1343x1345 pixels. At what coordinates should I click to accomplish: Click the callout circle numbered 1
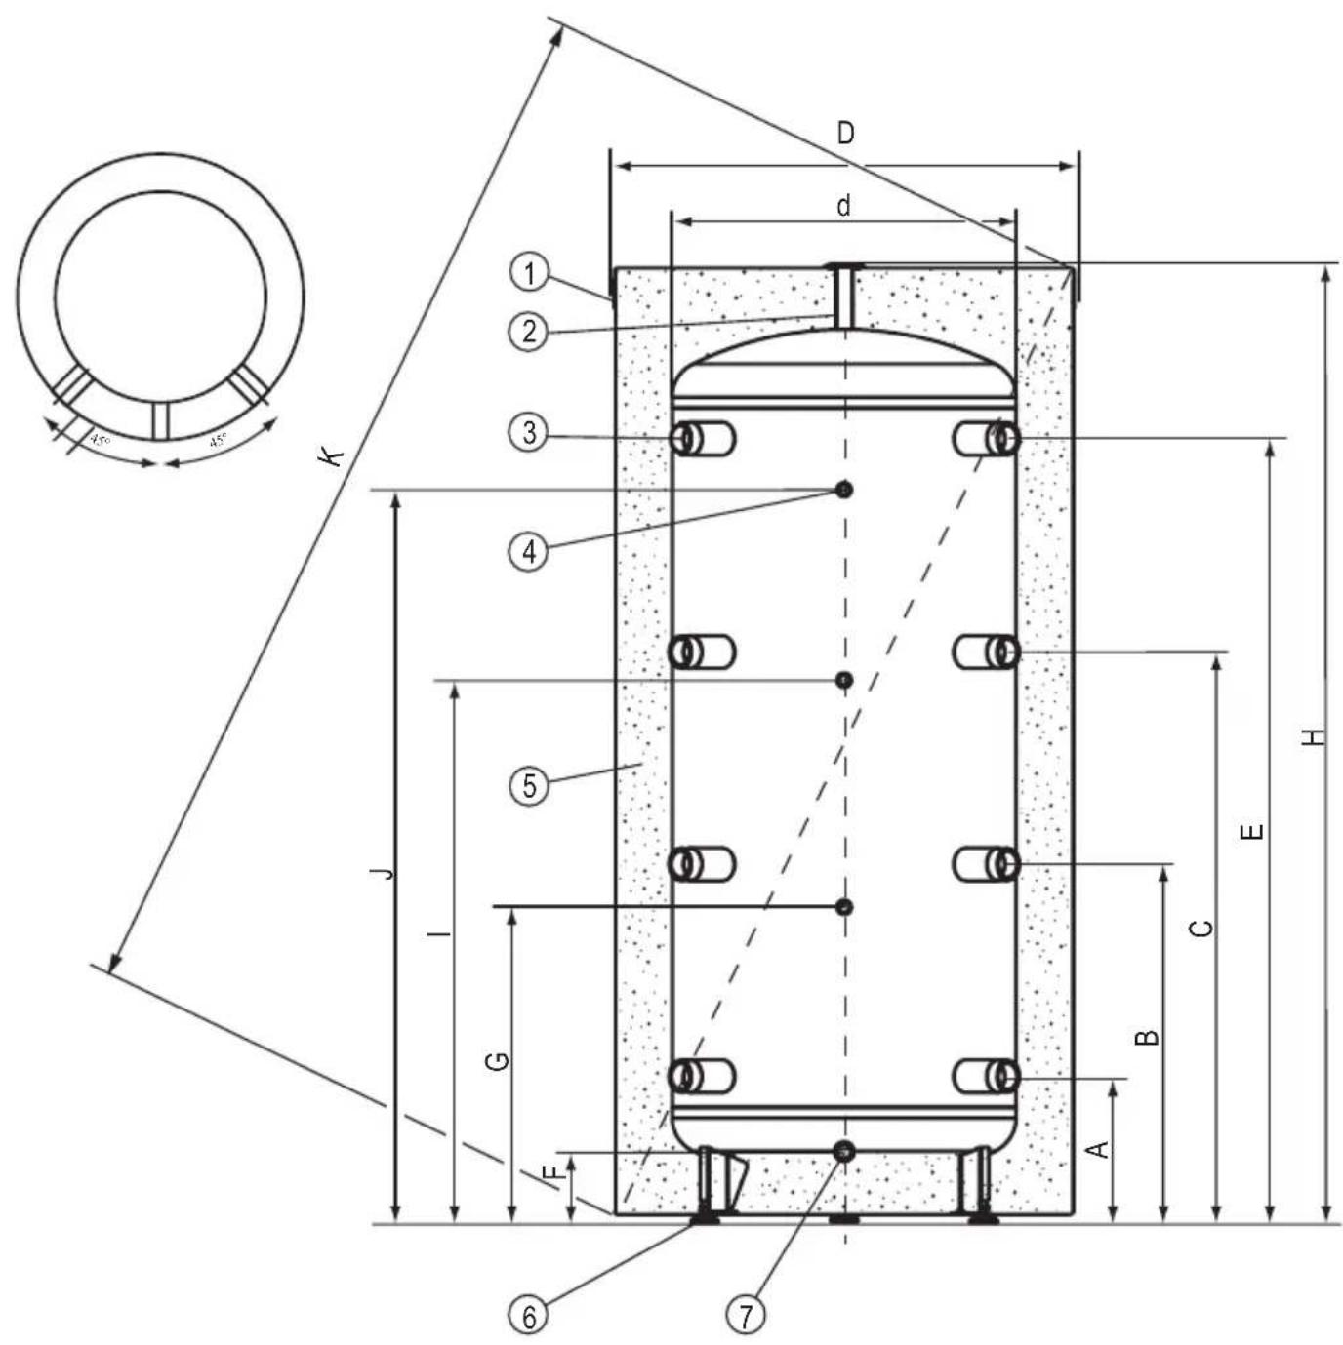coord(529,272)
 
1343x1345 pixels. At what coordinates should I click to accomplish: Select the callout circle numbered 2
coord(529,332)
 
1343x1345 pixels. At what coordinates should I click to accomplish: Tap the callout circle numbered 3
coord(529,432)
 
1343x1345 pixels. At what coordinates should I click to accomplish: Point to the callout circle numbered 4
coord(529,551)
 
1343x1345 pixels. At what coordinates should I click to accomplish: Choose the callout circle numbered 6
coord(529,1317)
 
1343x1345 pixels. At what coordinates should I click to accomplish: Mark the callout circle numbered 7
coord(746,1317)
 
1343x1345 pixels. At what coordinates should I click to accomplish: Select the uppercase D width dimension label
coord(845,134)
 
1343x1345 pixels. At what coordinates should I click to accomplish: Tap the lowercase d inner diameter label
coord(844,206)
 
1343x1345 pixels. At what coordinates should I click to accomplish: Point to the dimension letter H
coord(1316,736)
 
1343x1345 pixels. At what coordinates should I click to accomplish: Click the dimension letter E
coord(1255,832)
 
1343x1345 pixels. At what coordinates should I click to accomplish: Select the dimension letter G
coord(498,1061)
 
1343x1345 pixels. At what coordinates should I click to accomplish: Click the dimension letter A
coord(1099,1149)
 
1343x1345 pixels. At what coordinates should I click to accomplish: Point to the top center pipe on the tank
coord(843,293)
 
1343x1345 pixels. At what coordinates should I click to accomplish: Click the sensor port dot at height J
coord(844,490)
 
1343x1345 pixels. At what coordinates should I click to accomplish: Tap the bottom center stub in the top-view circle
coord(161,419)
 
